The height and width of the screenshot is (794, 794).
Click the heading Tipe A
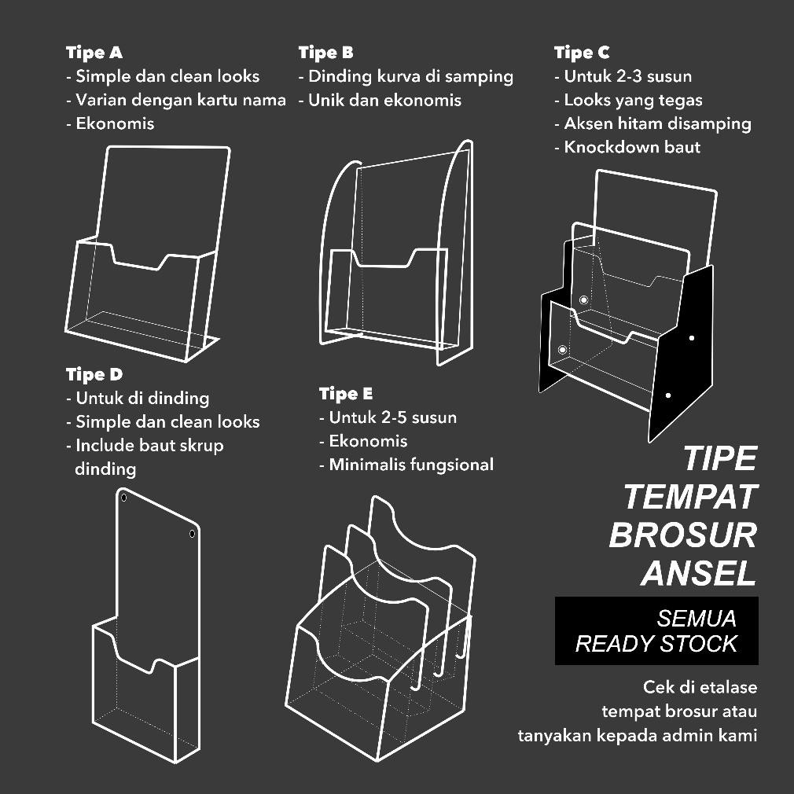click(94, 53)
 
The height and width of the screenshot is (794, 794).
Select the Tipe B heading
click(325, 53)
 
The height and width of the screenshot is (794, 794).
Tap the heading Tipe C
click(581, 53)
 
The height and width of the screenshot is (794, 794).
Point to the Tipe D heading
click(94, 374)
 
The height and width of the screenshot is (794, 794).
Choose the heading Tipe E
click(346, 393)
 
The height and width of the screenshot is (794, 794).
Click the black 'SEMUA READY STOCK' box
click(656, 630)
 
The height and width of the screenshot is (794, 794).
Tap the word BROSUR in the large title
click(682, 535)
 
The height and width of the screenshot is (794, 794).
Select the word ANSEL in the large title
click(698, 573)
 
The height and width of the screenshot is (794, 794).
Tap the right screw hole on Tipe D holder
click(192, 535)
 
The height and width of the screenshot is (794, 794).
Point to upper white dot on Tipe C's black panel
click(692, 338)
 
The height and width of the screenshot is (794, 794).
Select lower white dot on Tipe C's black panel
click(668, 395)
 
